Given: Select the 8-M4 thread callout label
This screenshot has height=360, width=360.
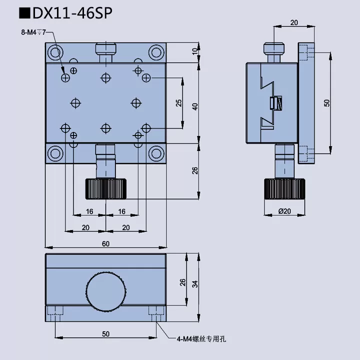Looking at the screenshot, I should tap(33, 32).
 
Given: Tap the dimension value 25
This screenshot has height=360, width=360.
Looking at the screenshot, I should tap(178, 103).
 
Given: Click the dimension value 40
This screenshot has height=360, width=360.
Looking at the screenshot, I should tap(195, 106).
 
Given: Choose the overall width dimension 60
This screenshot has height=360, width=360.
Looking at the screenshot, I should tap(105, 243).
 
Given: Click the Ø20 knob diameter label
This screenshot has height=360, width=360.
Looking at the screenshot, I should tap(285, 211).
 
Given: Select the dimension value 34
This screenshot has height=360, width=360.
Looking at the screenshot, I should tap(195, 283).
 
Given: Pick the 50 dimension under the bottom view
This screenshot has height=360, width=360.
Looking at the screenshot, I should tap(105, 333).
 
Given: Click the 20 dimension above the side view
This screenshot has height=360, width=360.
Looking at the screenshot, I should tap(294, 23).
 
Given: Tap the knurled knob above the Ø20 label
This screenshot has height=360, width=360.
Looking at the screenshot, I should tap(285, 188).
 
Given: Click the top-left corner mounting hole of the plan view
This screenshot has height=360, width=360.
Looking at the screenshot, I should tap(54, 51).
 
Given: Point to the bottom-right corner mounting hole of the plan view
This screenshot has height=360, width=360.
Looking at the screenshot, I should tap(157, 154).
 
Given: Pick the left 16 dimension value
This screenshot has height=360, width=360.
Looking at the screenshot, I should tap(89, 211).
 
